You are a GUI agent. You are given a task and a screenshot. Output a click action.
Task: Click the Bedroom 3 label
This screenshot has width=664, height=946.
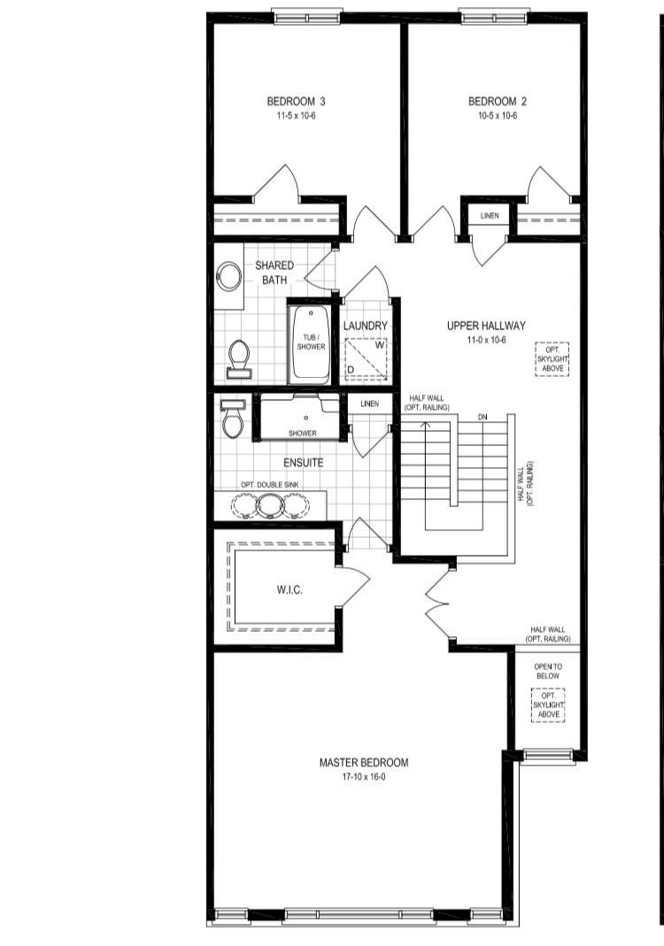[291, 102]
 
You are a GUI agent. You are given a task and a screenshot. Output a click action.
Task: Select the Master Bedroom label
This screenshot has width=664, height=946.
[364, 763]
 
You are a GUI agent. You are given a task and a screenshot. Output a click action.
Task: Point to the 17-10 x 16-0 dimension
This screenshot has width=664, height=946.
[364, 777]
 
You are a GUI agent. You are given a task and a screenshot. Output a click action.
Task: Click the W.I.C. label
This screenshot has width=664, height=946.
[290, 591]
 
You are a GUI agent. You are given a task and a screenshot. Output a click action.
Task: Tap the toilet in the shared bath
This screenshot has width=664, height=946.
[238, 358]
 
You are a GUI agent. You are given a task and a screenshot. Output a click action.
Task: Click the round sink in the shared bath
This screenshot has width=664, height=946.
[229, 277]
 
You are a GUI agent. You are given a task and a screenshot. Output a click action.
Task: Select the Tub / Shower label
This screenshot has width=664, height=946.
[311, 342]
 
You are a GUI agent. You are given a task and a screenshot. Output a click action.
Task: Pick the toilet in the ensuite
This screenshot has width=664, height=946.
[232, 419]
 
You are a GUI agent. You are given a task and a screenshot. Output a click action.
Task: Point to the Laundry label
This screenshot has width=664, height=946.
[365, 326]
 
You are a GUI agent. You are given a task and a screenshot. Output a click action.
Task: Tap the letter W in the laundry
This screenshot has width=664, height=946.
[378, 344]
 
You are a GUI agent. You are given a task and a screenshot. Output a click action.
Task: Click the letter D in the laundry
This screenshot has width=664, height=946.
[351, 368]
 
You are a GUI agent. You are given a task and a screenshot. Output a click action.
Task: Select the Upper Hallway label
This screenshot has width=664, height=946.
[486, 326]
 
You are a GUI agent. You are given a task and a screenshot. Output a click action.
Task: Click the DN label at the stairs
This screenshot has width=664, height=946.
[483, 416]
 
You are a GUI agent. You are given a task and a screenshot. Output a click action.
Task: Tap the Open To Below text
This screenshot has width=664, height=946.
[547, 670]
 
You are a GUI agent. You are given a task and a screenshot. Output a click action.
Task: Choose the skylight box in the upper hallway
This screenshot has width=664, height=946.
[551, 358]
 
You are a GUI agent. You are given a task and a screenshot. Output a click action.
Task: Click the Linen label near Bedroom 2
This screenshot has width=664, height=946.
[489, 217]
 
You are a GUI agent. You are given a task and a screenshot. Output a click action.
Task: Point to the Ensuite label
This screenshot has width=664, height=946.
[303, 462]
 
